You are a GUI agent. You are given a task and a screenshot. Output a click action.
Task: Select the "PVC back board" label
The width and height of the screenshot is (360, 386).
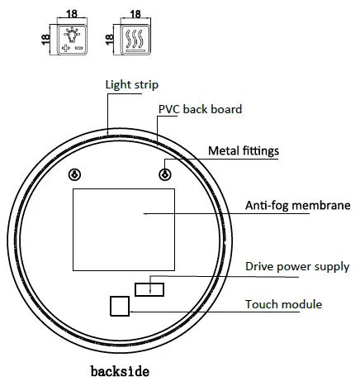[200, 109]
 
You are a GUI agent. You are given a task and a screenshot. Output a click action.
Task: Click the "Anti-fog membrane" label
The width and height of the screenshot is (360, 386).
[298, 206]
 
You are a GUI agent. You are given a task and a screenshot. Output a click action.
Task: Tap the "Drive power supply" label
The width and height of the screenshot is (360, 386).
[297, 266]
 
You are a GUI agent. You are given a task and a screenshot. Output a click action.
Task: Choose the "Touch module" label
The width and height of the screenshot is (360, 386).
[283, 304]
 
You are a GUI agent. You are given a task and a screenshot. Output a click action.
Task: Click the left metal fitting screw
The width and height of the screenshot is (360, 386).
[75, 174]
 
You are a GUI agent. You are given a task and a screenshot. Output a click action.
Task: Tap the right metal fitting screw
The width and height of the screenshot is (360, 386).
[166, 174]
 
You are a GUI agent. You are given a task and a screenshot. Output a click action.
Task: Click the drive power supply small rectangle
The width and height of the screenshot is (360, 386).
[150, 287]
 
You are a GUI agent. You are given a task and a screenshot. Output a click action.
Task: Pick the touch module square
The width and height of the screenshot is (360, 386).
[121, 305]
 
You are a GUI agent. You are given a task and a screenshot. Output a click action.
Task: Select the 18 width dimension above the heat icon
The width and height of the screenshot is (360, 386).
[136, 12]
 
